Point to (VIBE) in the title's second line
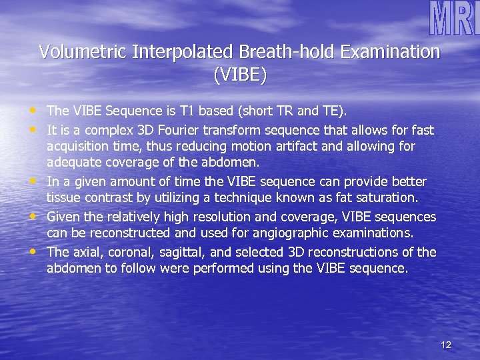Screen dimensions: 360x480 (240, 75)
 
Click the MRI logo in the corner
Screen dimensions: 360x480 (453, 19)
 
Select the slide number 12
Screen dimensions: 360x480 (446, 345)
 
